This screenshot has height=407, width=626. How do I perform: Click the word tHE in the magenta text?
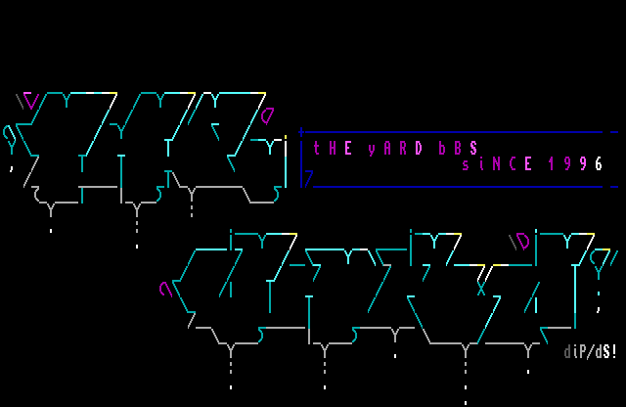[333, 149]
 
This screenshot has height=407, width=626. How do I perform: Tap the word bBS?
[458, 149]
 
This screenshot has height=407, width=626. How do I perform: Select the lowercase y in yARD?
[372, 150]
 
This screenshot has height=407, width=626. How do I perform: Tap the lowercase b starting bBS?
[442, 149]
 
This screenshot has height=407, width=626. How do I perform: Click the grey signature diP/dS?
[591, 352]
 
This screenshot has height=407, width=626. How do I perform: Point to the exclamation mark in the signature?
[614, 352]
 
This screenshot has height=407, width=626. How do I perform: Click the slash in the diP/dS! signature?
[591, 352]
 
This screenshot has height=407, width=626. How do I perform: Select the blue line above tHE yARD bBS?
[450, 132]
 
